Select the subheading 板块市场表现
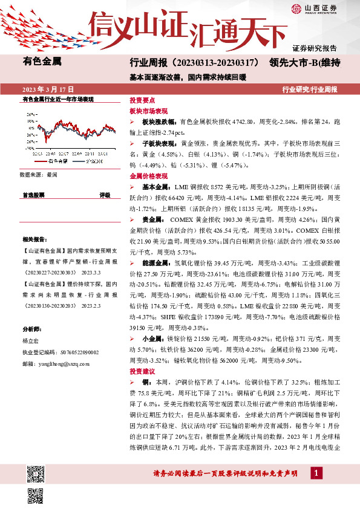148,111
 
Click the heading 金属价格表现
148,176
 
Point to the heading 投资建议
142,371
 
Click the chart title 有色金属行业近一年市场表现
57,98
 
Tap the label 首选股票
33,195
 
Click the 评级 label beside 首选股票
105,195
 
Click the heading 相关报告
33,239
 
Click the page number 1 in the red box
315,472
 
